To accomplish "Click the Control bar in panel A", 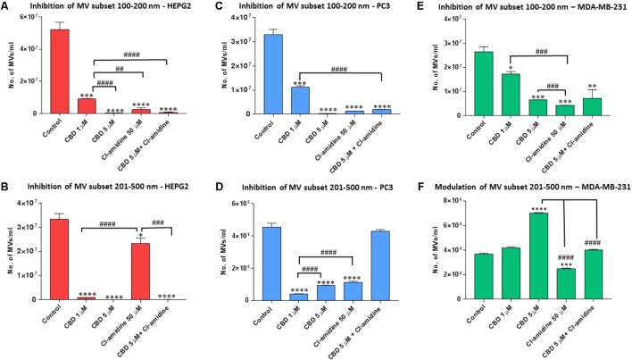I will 60,71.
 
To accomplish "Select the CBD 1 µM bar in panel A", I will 87,105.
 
